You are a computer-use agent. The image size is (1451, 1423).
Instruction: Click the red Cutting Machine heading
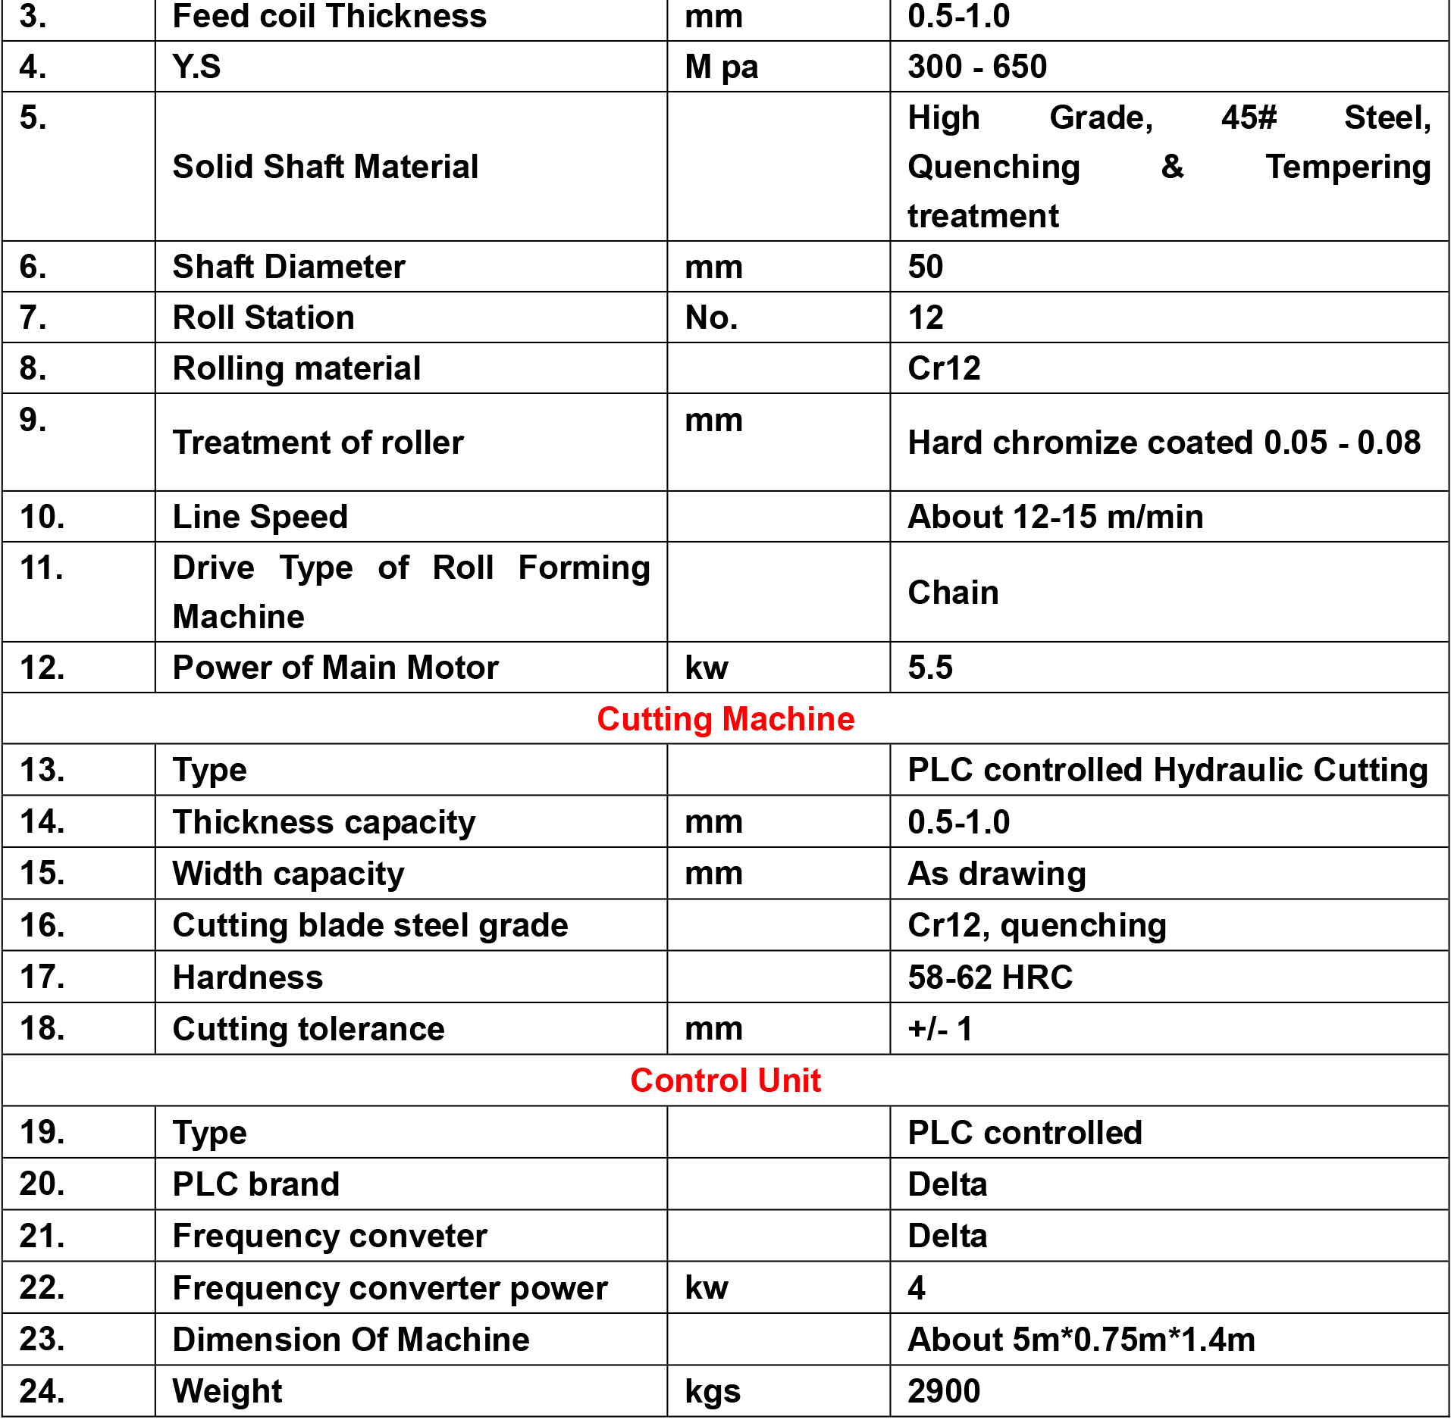(725, 718)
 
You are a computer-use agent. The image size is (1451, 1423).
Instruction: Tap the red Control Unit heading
(725, 1080)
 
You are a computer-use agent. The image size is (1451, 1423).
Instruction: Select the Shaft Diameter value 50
(925, 266)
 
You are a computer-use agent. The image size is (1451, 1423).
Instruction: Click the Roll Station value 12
(925, 317)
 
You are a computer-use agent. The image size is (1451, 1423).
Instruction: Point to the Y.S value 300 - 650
(976, 66)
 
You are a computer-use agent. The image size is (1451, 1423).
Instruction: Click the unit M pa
(720, 66)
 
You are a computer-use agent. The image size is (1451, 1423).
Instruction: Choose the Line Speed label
(260, 516)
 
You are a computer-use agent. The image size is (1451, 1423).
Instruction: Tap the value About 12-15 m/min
(1055, 516)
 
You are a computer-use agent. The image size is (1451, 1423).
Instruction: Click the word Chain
(952, 592)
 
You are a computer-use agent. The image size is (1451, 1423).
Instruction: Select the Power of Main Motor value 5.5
(929, 667)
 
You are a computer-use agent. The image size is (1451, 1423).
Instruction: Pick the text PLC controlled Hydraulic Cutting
(1167, 769)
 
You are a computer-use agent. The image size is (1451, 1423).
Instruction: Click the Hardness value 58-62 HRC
(989, 977)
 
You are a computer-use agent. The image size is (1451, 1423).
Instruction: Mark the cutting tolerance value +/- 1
(940, 1028)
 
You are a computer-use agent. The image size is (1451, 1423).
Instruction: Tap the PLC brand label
(255, 1184)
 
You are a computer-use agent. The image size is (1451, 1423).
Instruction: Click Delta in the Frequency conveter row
(947, 1235)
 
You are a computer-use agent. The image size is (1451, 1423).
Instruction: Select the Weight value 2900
(943, 1390)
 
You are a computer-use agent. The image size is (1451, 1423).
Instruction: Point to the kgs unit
(712, 1390)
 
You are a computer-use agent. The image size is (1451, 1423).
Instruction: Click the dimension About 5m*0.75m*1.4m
(1080, 1339)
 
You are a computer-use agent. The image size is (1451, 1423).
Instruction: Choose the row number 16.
(42, 924)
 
